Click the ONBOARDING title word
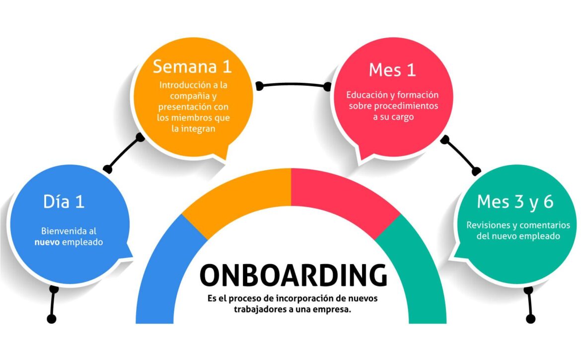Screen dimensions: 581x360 click(293, 275)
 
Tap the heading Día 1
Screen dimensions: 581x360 click(64, 202)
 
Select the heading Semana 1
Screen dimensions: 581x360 click(192, 67)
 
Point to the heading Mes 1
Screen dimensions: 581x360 click(392, 70)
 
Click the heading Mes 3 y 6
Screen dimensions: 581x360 click(515, 202)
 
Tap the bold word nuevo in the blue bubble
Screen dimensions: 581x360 click(47, 242)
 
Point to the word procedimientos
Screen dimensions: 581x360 click(406, 106)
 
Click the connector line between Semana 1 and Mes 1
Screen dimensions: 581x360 click(293, 85)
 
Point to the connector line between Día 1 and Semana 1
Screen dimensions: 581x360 click(123, 153)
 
